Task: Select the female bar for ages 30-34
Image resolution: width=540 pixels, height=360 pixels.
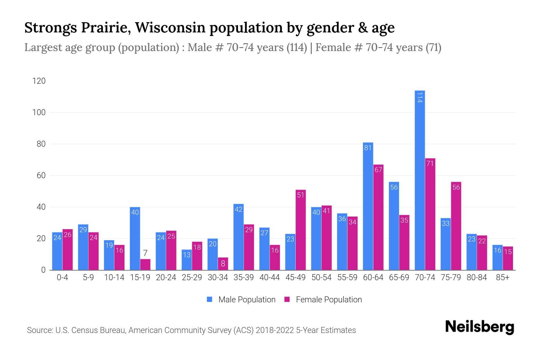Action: click(x=223, y=264)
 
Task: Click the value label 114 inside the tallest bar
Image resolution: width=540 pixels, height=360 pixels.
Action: click(x=420, y=97)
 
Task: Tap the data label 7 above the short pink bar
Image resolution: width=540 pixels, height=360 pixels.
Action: click(x=145, y=253)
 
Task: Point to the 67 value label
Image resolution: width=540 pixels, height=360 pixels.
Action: click(x=378, y=170)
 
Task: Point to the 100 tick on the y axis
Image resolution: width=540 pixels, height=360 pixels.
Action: click(x=39, y=112)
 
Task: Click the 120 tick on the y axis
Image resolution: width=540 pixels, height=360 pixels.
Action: click(x=39, y=81)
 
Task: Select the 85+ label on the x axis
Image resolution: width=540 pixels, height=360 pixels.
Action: click(x=502, y=277)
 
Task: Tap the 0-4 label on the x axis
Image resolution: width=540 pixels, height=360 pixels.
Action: click(x=62, y=277)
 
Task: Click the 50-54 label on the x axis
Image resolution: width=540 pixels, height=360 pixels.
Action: click(x=321, y=277)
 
